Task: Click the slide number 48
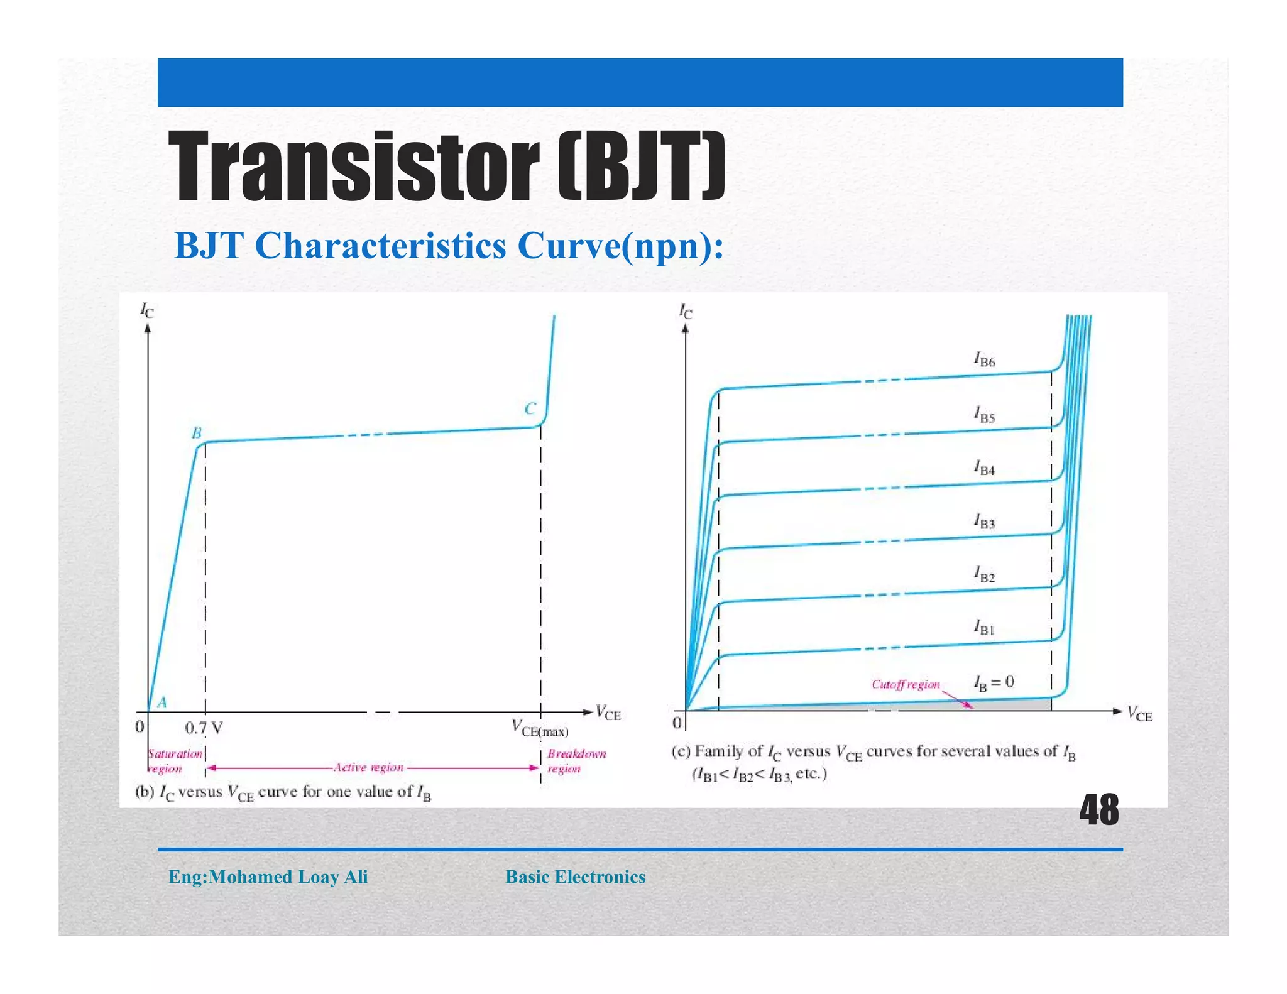(x=1098, y=810)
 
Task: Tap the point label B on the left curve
(x=197, y=433)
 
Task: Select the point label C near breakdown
(x=530, y=409)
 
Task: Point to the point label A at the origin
(x=162, y=702)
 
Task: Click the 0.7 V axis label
(x=204, y=728)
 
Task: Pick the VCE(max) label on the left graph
(x=540, y=729)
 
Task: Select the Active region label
(x=369, y=767)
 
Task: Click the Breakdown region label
(x=576, y=761)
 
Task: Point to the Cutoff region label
(x=906, y=684)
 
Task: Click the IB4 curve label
(x=985, y=468)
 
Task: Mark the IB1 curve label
(x=985, y=628)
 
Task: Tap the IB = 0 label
(x=994, y=682)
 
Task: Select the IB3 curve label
(x=985, y=522)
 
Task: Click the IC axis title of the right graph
(x=685, y=311)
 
